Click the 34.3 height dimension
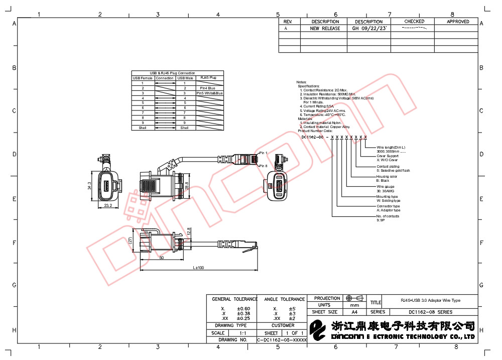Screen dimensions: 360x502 (x=89, y=186)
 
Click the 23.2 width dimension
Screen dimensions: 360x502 (x=108, y=206)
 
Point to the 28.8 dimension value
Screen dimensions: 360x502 (x=187, y=184)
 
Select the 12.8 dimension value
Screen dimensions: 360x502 (x=189, y=231)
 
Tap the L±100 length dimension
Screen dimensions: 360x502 (x=198, y=268)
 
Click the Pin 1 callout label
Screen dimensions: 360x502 (x=263, y=153)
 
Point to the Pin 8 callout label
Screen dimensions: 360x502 (x=263, y=165)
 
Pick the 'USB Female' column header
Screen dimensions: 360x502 (x=143, y=78)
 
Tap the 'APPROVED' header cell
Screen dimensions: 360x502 (x=458, y=22)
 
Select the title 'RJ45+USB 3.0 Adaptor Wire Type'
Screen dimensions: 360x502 (x=430, y=300)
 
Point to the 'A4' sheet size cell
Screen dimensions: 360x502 (x=355, y=312)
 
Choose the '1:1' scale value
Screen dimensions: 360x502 (x=242, y=333)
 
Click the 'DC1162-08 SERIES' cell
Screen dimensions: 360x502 (x=430, y=312)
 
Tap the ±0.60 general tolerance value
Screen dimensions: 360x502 (x=243, y=308)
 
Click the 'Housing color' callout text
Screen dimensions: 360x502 (x=387, y=176)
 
